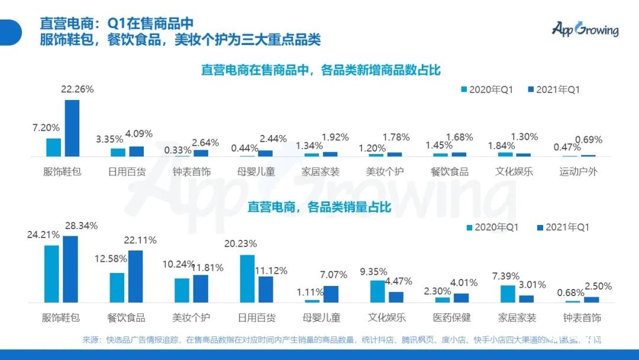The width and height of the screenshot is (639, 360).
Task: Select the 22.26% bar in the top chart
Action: click(x=72, y=128)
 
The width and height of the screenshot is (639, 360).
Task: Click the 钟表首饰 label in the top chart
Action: click(x=192, y=172)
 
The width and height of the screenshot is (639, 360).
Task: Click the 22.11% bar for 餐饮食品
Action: click(x=135, y=277)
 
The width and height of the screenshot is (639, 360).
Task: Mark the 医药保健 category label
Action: click(x=451, y=317)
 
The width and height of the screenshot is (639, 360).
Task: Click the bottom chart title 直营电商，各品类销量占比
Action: click(x=319, y=207)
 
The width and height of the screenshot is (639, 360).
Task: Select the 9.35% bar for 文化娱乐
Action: click(x=377, y=291)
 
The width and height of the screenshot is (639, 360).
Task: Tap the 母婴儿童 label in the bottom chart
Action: click(x=321, y=317)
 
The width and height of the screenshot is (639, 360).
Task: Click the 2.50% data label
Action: click(x=598, y=286)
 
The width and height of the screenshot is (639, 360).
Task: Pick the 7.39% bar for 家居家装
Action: click(x=508, y=294)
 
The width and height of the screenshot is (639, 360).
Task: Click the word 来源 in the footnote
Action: click(x=92, y=340)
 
